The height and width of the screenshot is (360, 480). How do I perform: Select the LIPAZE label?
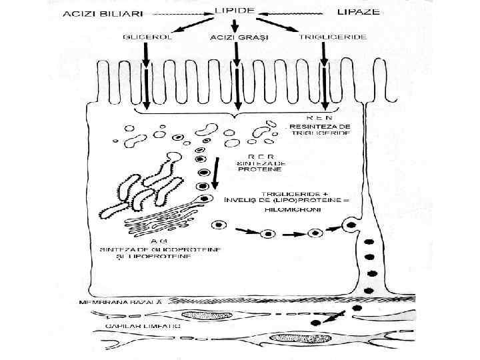tap(356, 12)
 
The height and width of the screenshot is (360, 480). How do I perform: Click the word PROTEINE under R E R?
tap(255, 169)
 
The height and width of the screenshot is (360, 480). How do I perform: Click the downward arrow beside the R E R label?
tap(215, 175)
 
